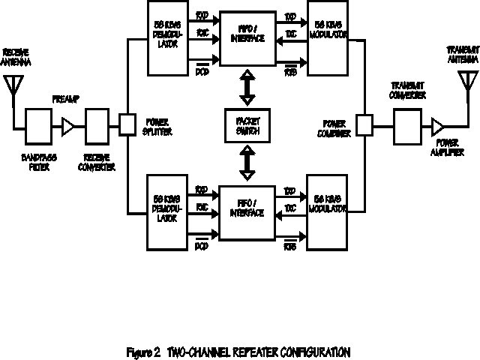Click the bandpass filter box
[x=38, y=125]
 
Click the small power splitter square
[x=127, y=124]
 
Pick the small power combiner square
[x=364, y=124]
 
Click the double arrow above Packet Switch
[x=246, y=88]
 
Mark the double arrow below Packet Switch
[x=246, y=160]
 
